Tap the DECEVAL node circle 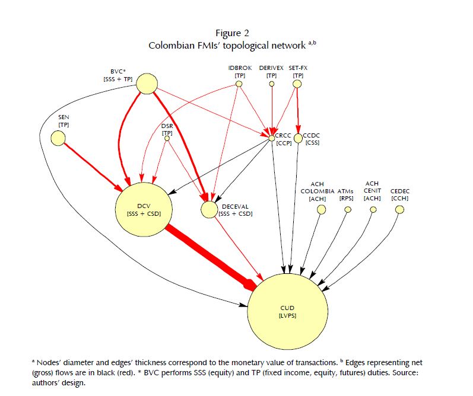tap(209, 209)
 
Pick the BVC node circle tap(147, 84)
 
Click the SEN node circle tap(58, 138)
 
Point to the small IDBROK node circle tap(239, 84)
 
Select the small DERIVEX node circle tap(272, 84)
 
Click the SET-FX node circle tap(297, 84)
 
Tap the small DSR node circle tap(168, 141)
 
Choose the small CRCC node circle tap(272, 138)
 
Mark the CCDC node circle tap(299, 138)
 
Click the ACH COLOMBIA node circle tap(321, 209)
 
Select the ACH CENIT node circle tap(372, 209)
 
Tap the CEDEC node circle tap(399, 209)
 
